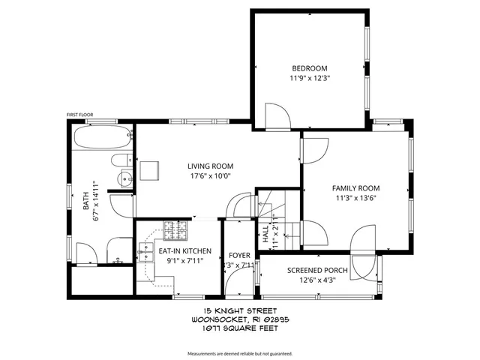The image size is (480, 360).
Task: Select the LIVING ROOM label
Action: tap(210, 166)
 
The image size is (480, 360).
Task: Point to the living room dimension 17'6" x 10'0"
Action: tap(210, 176)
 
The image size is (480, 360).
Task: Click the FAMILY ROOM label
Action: tap(356, 188)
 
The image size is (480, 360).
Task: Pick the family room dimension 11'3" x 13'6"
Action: tap(356, 198)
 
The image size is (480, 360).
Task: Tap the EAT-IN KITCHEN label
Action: tap(184, 251)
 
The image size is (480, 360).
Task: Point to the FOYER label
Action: tap(239, 255)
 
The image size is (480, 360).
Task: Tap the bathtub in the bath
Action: tap(103, 139)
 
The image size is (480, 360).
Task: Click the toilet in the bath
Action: tap(121, 160)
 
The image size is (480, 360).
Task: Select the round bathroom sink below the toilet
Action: tap(124, 178)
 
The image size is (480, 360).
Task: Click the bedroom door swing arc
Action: tap(279, 114)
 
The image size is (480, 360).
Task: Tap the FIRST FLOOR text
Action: tap(79, 115)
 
